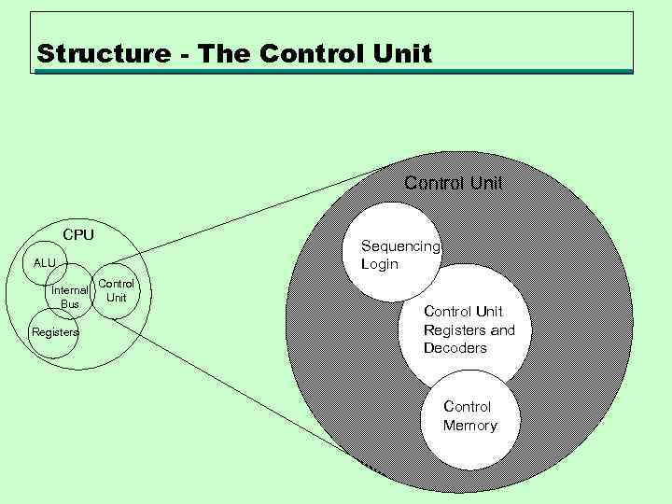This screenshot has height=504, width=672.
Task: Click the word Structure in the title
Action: pyautogui.click(x=97, y=54)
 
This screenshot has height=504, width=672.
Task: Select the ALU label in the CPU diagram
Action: pyautogui.click(x=45, y=263)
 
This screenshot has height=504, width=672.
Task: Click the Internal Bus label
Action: pyautogui.click(x=70, y=297)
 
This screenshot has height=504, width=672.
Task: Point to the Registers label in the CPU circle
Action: pyautogui.click(x=55, y=332)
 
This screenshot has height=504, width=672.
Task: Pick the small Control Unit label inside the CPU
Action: pyautogui.click(x=117, y=290)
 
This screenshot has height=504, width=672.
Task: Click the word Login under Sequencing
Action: pyautogui.click(x=380, y=264)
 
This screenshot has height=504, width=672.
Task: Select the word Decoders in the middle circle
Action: pyautogui.click(x=455, y=348)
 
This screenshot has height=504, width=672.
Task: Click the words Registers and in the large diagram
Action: pyautogui.click(x=469, y=329)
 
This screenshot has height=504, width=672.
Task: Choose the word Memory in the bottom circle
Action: pyautogui.click(x=470, y=426)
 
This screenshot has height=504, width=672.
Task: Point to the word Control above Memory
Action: pyautogui.click(x=468, y=407)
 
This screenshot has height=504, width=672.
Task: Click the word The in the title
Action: pyautogui.click(x=227, y=54)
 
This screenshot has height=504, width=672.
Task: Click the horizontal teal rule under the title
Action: pyautogui.click(x=336, y=71)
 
